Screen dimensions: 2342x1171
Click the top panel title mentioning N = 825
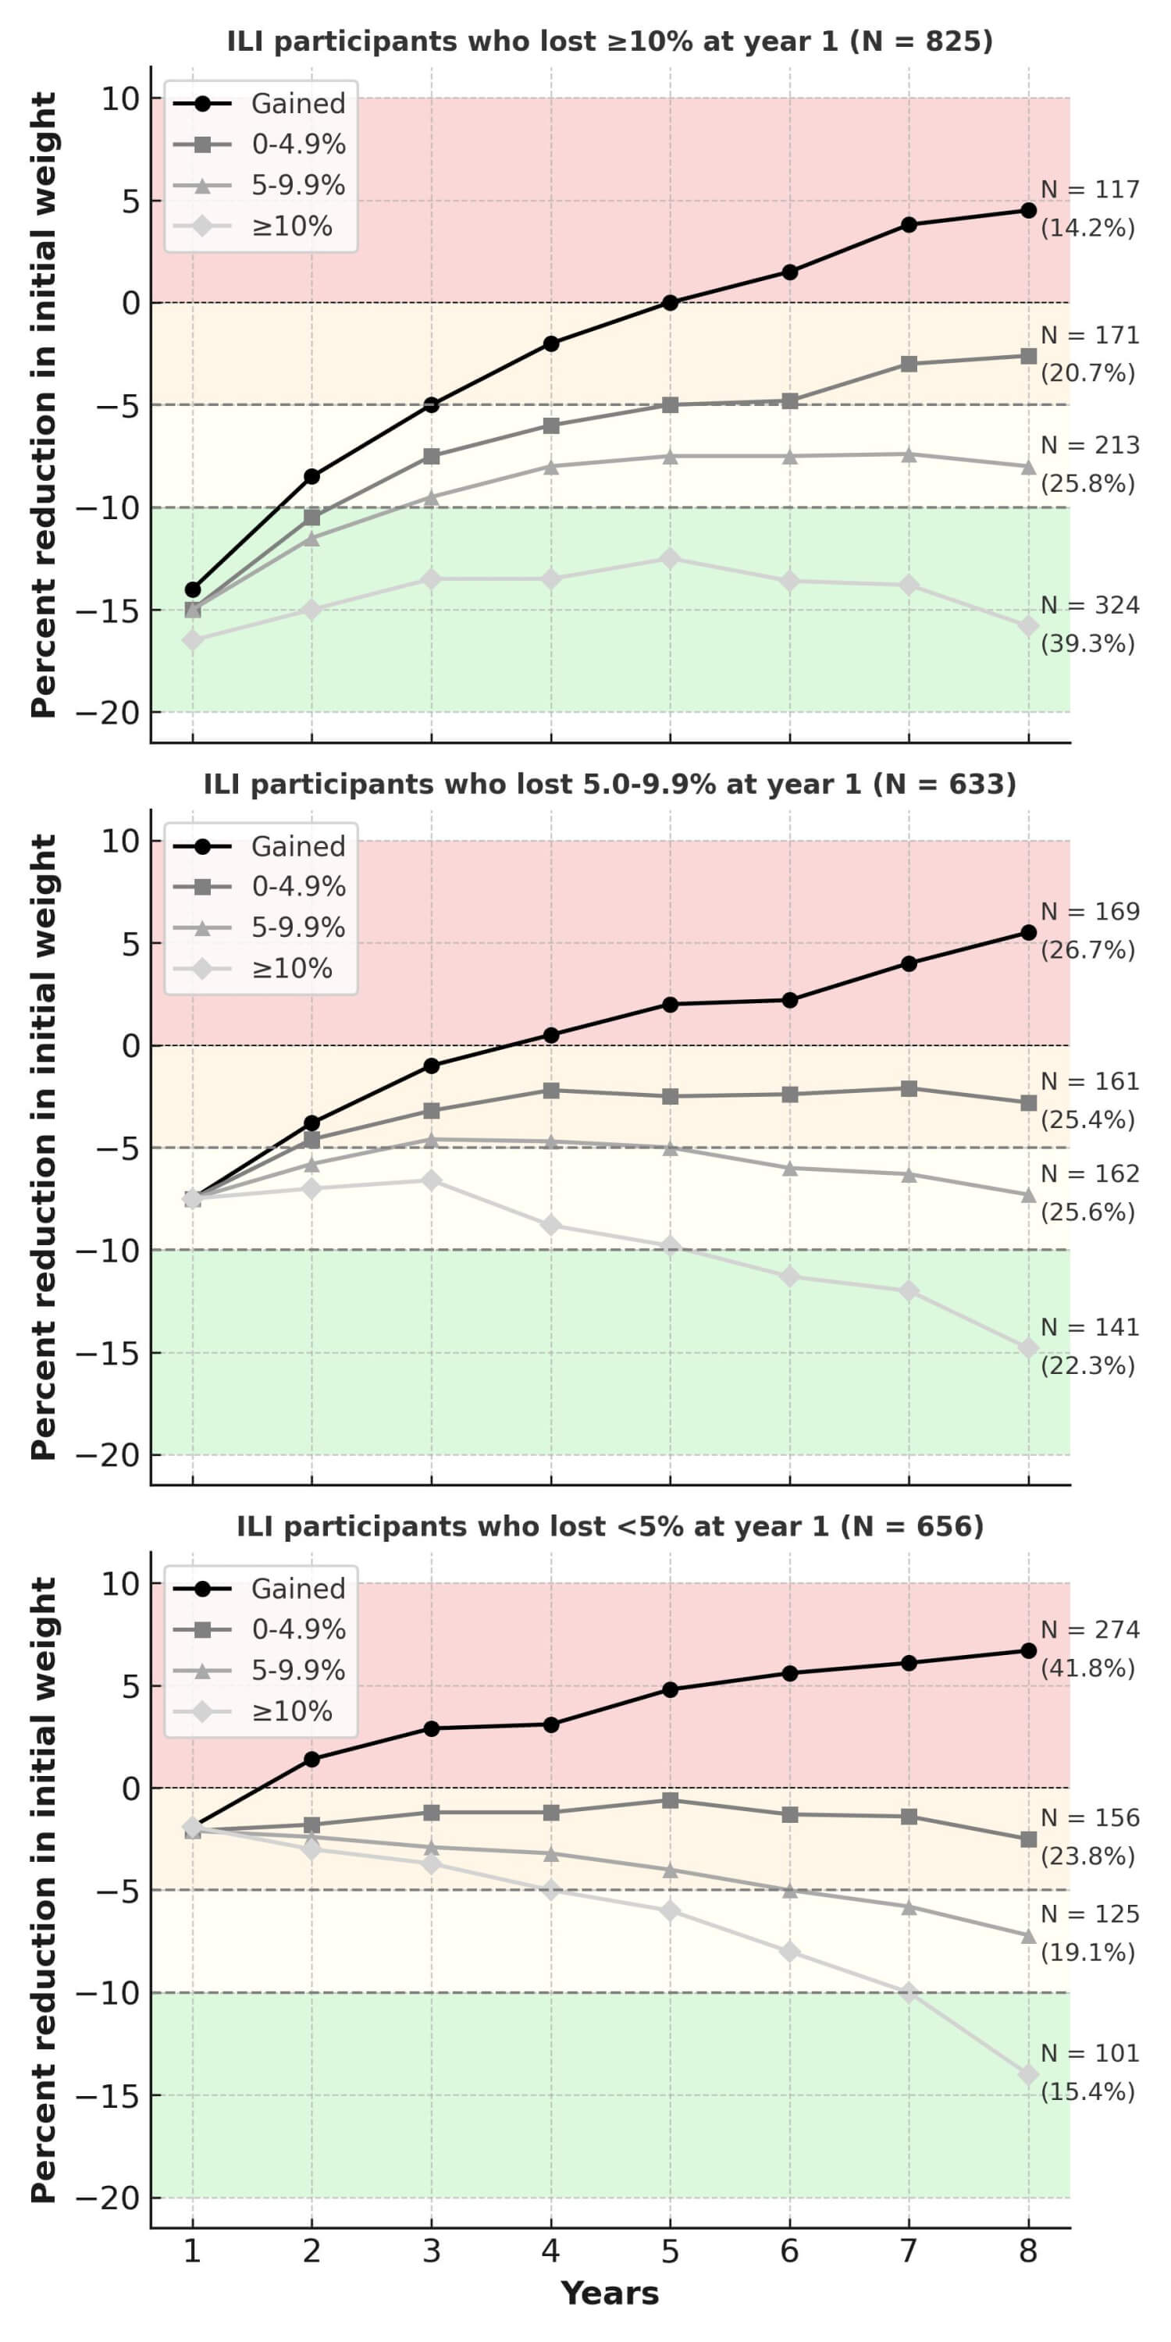609,42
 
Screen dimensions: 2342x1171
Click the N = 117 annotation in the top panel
1089,190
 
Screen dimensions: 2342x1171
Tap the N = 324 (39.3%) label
1089,625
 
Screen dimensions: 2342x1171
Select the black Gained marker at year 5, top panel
670,303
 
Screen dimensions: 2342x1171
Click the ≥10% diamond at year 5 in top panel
670,558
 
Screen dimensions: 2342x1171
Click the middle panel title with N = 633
609,784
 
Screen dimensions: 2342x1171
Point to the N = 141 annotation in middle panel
1089,1327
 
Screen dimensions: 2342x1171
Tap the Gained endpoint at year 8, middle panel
1028,933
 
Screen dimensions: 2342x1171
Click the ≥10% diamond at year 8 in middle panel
1028,1348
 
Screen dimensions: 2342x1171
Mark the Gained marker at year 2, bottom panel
311,1759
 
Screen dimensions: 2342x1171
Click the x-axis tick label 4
551,2251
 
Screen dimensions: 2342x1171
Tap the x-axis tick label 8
1028,2251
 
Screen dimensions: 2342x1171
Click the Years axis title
609,2294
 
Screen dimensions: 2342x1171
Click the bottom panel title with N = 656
609,1526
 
